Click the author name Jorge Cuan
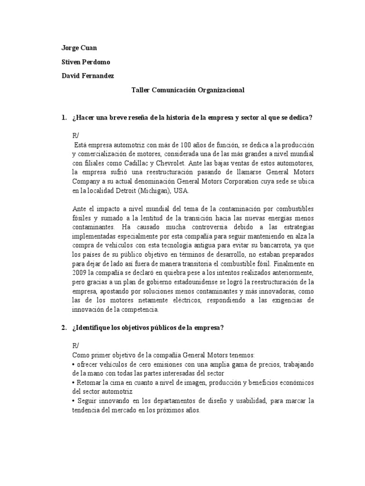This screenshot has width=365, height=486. pyautogui.click(x=78, y=48)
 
